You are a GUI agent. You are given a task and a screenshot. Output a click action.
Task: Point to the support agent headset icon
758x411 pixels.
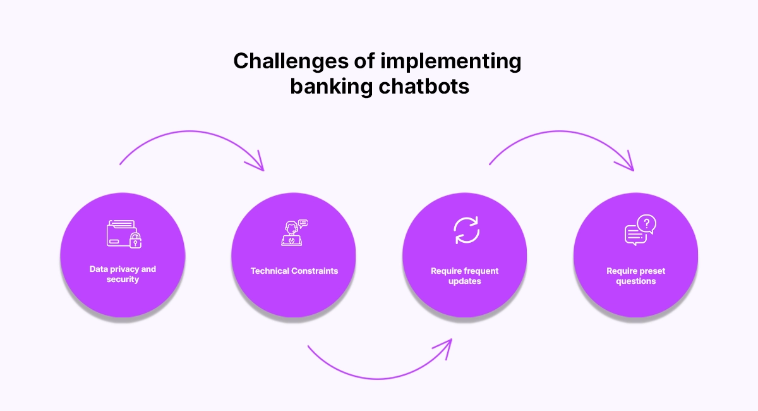293,233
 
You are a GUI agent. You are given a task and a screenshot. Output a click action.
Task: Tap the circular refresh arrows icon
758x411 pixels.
467,230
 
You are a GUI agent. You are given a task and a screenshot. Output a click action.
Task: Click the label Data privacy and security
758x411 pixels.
123,274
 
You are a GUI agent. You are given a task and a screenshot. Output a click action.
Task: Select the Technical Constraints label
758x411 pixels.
294,271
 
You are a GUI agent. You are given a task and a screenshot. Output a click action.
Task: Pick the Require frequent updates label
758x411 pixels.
465,276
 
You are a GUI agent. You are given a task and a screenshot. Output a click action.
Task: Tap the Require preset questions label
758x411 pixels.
636,276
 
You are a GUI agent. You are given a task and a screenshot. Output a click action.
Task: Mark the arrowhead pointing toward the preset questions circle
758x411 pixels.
627,163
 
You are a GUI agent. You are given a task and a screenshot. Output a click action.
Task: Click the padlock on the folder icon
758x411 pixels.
135,240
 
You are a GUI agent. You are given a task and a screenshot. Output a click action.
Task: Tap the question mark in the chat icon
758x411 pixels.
647,223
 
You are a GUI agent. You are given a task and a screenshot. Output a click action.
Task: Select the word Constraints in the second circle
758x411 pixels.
315,271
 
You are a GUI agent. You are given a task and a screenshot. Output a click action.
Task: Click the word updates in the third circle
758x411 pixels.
465,281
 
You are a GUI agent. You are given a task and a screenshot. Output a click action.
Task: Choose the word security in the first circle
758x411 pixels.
123,279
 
